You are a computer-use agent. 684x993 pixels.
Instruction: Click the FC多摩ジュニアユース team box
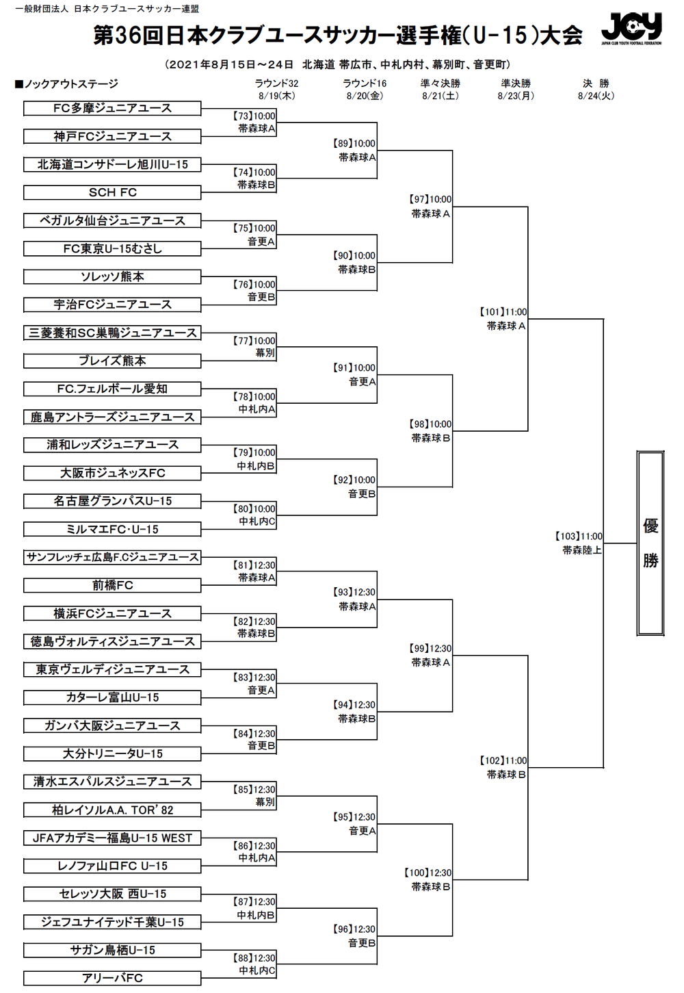[112, 108]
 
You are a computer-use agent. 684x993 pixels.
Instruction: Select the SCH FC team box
[112, 192]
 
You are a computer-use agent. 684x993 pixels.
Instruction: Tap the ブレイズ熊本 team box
[112, 361]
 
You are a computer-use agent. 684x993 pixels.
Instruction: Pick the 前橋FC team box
[112, 585]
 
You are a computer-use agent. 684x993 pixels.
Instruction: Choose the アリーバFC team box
[112, 978]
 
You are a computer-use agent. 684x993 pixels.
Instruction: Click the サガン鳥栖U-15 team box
[112, 950]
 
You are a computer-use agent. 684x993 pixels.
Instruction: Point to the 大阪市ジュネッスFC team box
[112, 473]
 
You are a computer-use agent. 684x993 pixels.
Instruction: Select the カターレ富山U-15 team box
[112, 697]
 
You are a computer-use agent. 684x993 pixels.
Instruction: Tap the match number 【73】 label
[243, 116]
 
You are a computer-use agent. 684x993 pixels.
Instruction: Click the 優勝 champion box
[650, 543]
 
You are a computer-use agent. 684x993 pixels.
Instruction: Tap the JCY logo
[631, 29]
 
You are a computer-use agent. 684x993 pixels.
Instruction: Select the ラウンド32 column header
[276, 83]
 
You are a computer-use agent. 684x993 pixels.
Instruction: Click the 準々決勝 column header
[440, 83]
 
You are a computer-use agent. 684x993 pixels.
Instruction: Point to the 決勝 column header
[596, 83]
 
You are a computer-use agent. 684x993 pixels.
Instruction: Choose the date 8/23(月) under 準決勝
[516, 96]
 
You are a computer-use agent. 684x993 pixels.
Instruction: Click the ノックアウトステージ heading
[67, 84]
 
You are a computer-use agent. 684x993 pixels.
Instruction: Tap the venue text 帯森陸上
[582, 550]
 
